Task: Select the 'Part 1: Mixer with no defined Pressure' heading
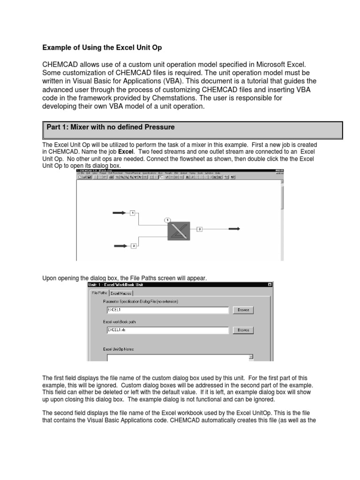pos(111,127)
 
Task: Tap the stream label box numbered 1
pos(133,213)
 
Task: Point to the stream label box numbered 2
pos(134,246)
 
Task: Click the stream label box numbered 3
pos(199,229)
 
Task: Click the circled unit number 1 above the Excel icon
pos(168,219)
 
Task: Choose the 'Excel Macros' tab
pos(121,293)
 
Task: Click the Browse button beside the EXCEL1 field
pos(243,310)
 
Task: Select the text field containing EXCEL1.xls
pos(167,330)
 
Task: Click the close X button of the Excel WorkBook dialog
pos(270,285)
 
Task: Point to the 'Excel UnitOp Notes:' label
pos(119,349)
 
